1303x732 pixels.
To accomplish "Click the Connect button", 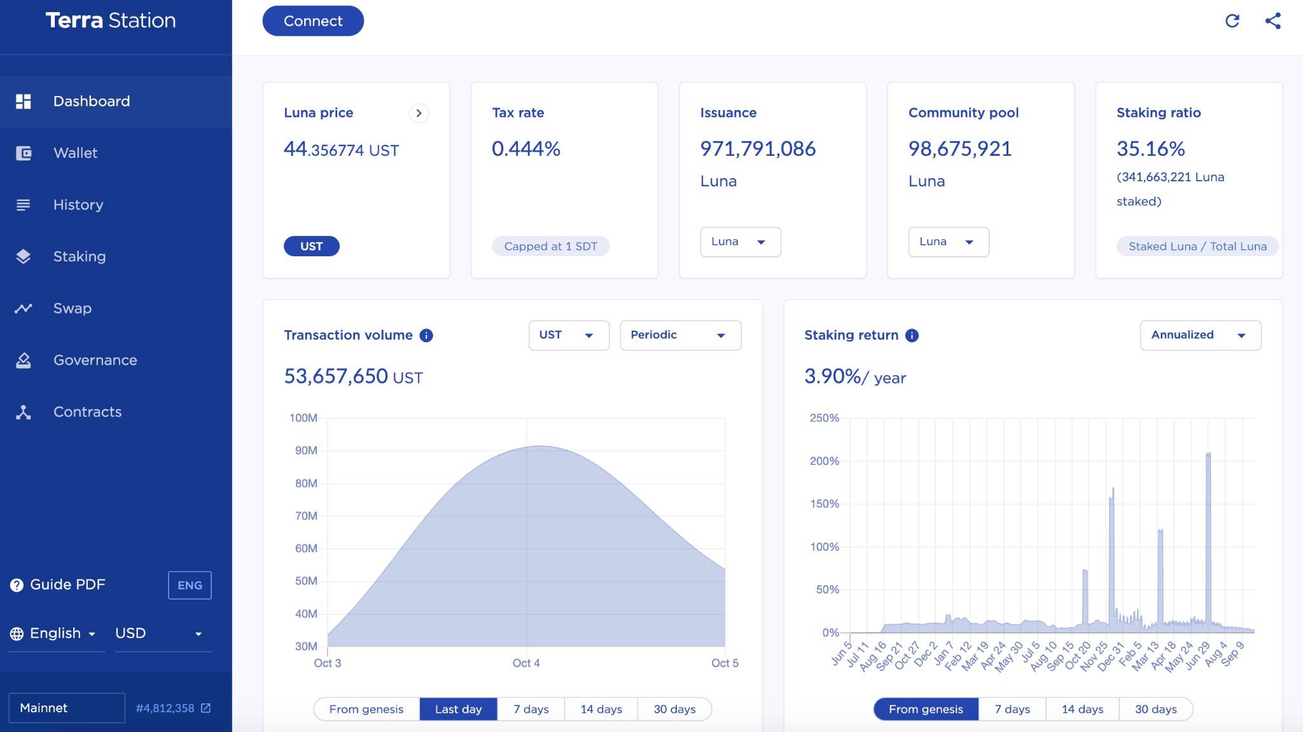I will tap(313, 21).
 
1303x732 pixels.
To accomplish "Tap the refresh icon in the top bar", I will tap(1232, 21).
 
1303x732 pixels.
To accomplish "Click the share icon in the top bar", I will tap(1273, 21).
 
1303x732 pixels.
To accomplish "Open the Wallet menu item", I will tap(75, 153).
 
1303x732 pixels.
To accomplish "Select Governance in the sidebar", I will tap(95, 360).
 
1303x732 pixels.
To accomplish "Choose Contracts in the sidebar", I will tap(87, 411).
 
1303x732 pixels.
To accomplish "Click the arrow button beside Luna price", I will tap(419, 113).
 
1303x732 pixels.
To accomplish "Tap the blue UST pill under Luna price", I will tap(311, 246).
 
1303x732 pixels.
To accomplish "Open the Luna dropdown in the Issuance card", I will tap(740, 242).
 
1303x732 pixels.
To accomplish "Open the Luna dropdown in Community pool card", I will tap(948, 242).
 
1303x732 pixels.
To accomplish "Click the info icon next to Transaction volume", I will tap(426, 335).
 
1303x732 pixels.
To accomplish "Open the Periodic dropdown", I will tap(680, 335).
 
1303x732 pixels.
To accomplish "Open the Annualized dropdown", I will tap(1200, 335).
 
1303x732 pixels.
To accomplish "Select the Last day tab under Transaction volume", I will tap(458, 708).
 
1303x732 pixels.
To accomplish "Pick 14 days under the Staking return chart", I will tap(1082, 708).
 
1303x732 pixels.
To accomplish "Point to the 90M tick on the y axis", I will tap(306, 450).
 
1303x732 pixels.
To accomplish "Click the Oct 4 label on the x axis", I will tap(526, 663).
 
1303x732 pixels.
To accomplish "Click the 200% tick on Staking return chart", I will tap(825, 460).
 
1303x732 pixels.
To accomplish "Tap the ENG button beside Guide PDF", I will tap(190, 585).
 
